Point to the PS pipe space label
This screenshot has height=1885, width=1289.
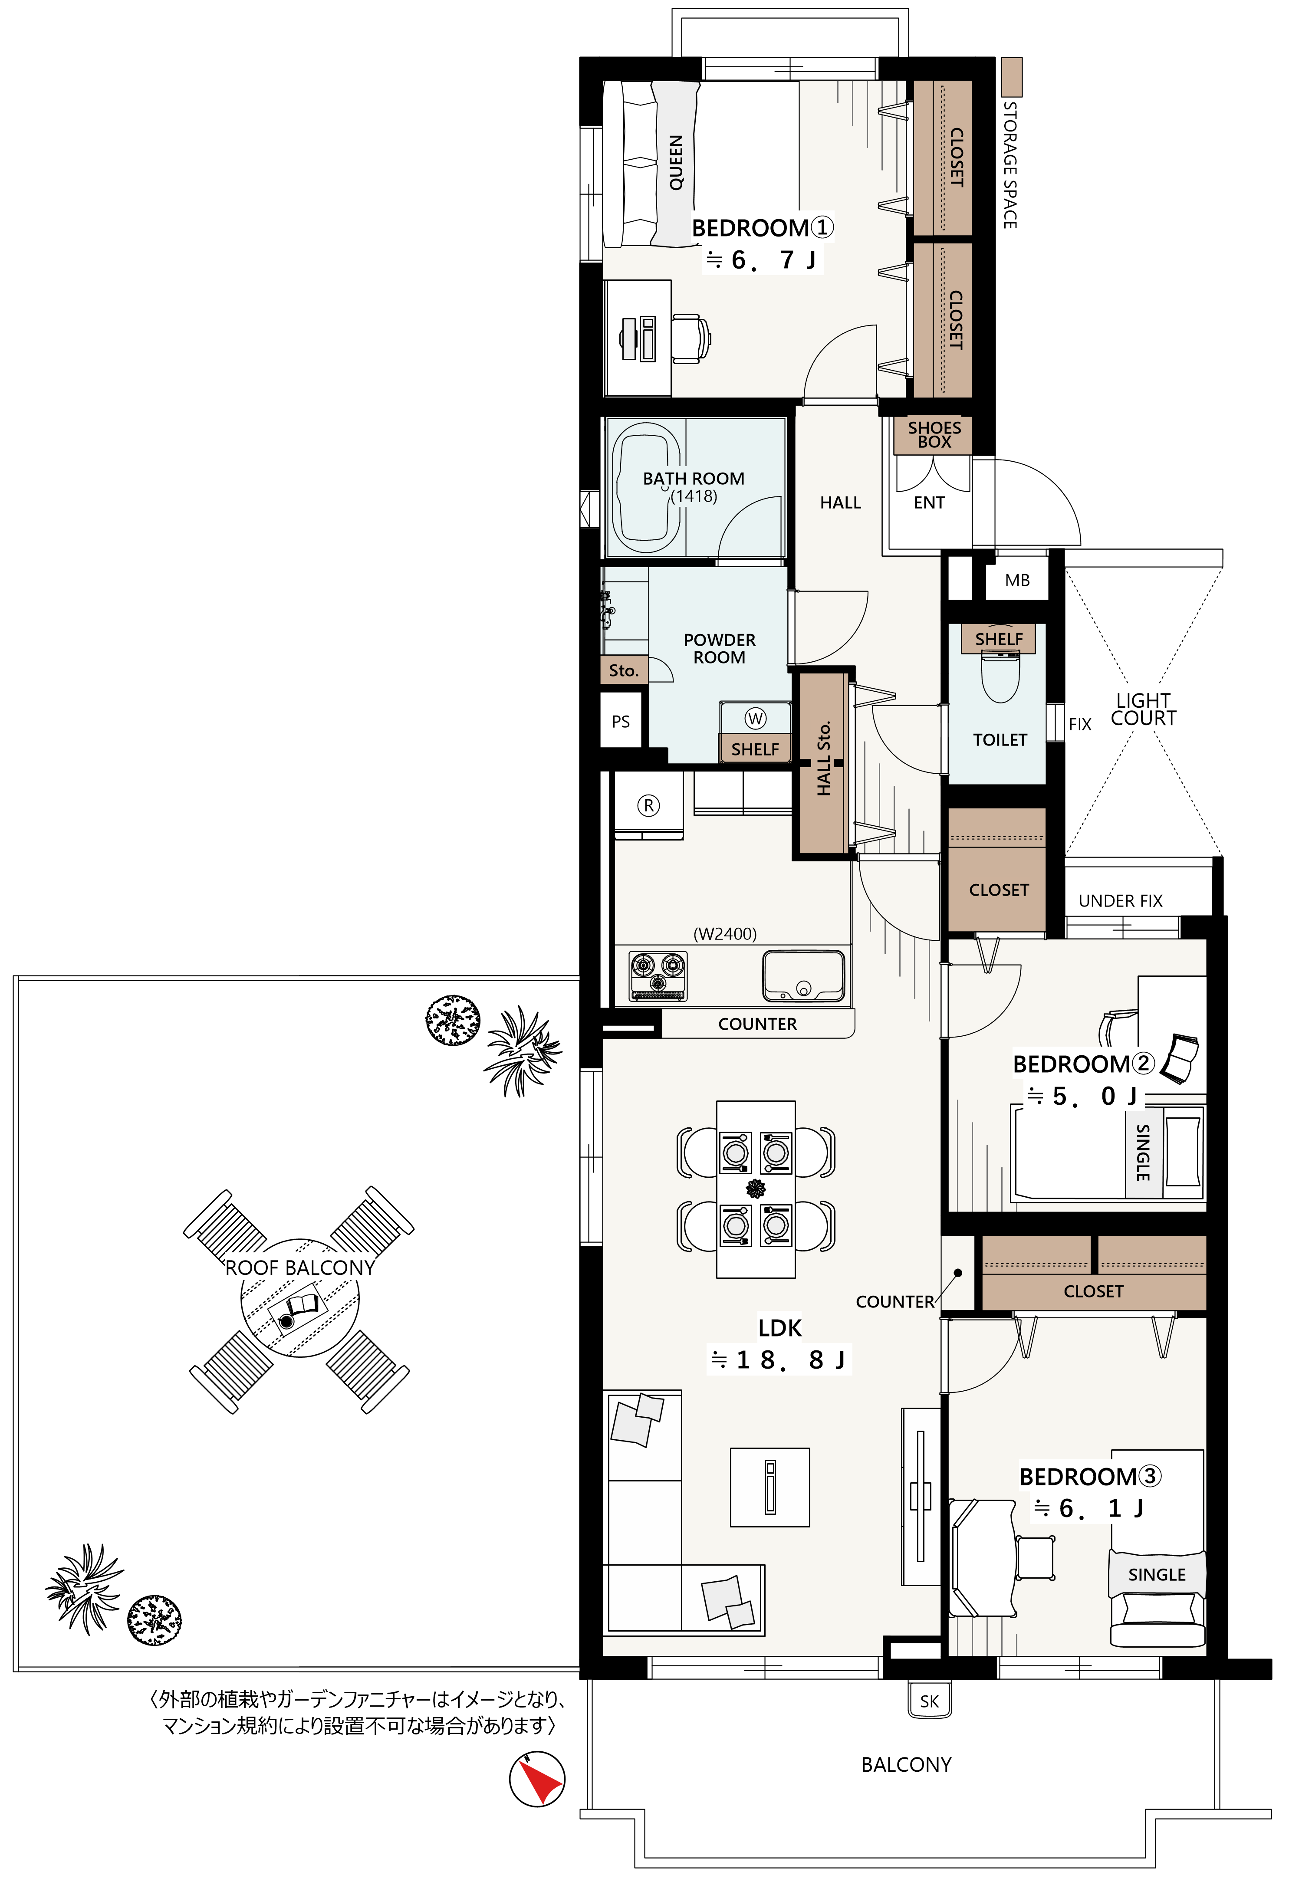(x=621, y=721)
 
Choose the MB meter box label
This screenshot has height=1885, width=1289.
(x=1017, y=580)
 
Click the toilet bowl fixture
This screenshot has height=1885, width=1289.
(x=1000, y=676)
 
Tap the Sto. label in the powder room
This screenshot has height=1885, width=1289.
(x=624, y=670)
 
